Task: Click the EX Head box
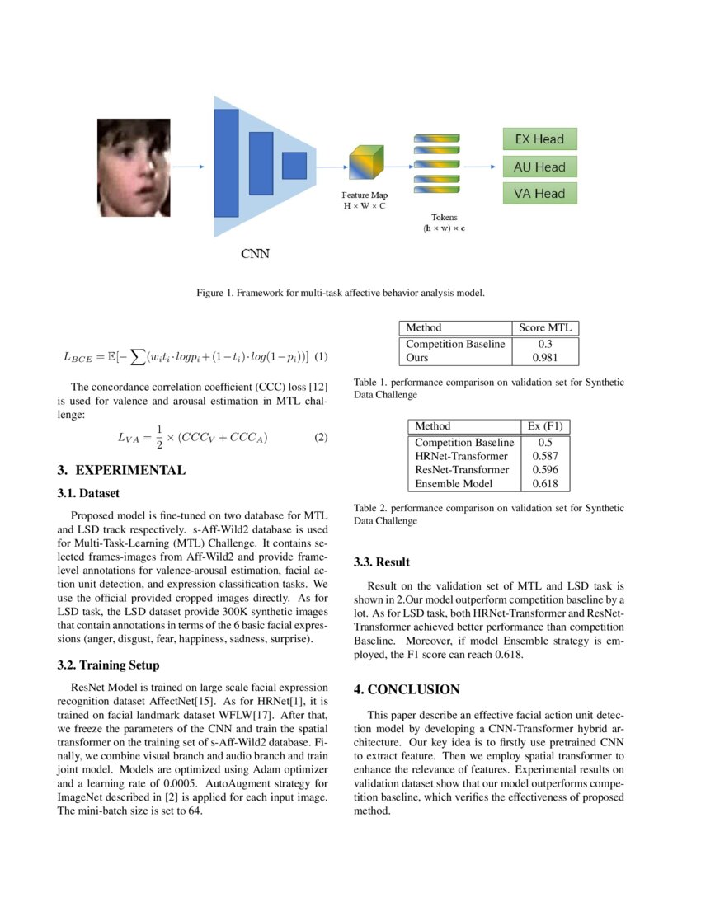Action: point(539,139)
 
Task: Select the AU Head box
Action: point(539,167)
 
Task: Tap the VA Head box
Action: point(539,194)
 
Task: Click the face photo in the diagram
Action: point(134,166)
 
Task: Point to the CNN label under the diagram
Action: point(254,254)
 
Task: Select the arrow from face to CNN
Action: point(191,167)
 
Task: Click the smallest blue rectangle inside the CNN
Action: point(294,166)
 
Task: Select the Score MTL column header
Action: point(545,327)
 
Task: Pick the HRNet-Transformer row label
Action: point(462,455)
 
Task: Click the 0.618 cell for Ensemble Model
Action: point(545,483)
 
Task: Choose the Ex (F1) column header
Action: point(545,426)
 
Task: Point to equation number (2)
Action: point(321,437)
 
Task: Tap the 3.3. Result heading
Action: point(381,562)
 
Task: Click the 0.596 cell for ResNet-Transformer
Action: point(545,469)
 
